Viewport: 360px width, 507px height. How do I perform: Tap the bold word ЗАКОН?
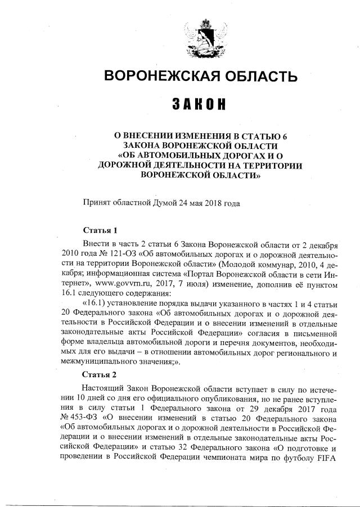[201, 105]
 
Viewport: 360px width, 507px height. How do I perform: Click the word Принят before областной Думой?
[97, 203]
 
